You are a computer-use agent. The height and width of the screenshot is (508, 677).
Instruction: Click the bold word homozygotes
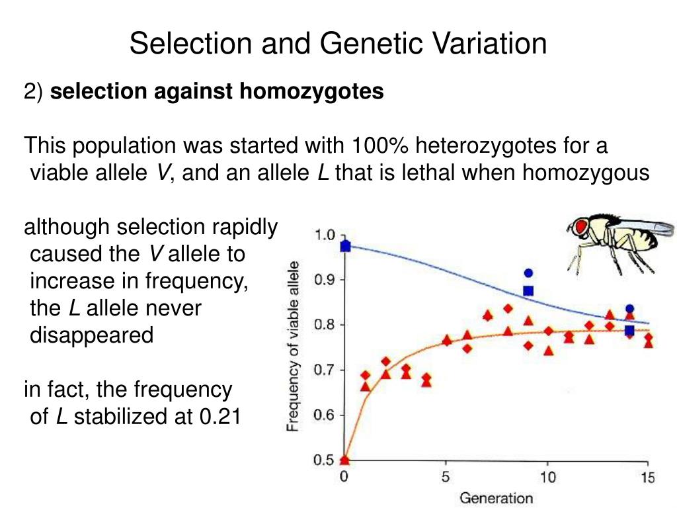click(x=311, y=92)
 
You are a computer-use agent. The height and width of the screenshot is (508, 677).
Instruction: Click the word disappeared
click(x=92, y=335)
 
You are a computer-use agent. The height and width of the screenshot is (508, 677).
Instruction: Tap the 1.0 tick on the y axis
click(x=324, y=235)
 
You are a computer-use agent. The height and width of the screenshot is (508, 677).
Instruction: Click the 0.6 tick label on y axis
click(x=324, y=415)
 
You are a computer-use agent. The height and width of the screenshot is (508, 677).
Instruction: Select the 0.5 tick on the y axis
click(x=324, y=460)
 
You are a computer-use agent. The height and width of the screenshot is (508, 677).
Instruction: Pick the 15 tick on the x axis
click(x=647, y=477)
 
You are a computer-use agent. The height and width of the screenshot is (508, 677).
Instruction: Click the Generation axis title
click(x=496, y=497)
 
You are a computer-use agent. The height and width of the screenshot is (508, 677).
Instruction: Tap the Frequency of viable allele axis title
click(x=294, y=346)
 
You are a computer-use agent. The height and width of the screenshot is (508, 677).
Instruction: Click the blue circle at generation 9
click(x=528, y=273)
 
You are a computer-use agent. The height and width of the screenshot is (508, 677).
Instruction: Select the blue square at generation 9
click(x=528, y=290)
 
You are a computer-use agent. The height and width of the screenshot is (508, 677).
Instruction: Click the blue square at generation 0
click(x=344, y=247)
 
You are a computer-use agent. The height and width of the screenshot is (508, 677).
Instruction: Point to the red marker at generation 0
click(x=344, y=459)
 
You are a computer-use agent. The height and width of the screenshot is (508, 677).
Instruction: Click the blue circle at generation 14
click(x=629, y=308)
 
